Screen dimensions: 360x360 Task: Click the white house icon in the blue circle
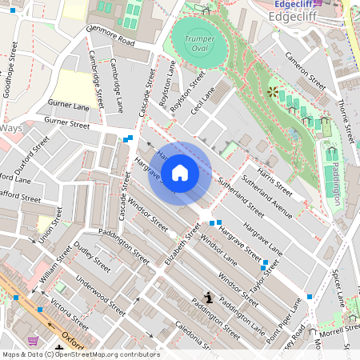click(180, 172)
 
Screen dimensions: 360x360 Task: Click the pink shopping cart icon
click(34, 340)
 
